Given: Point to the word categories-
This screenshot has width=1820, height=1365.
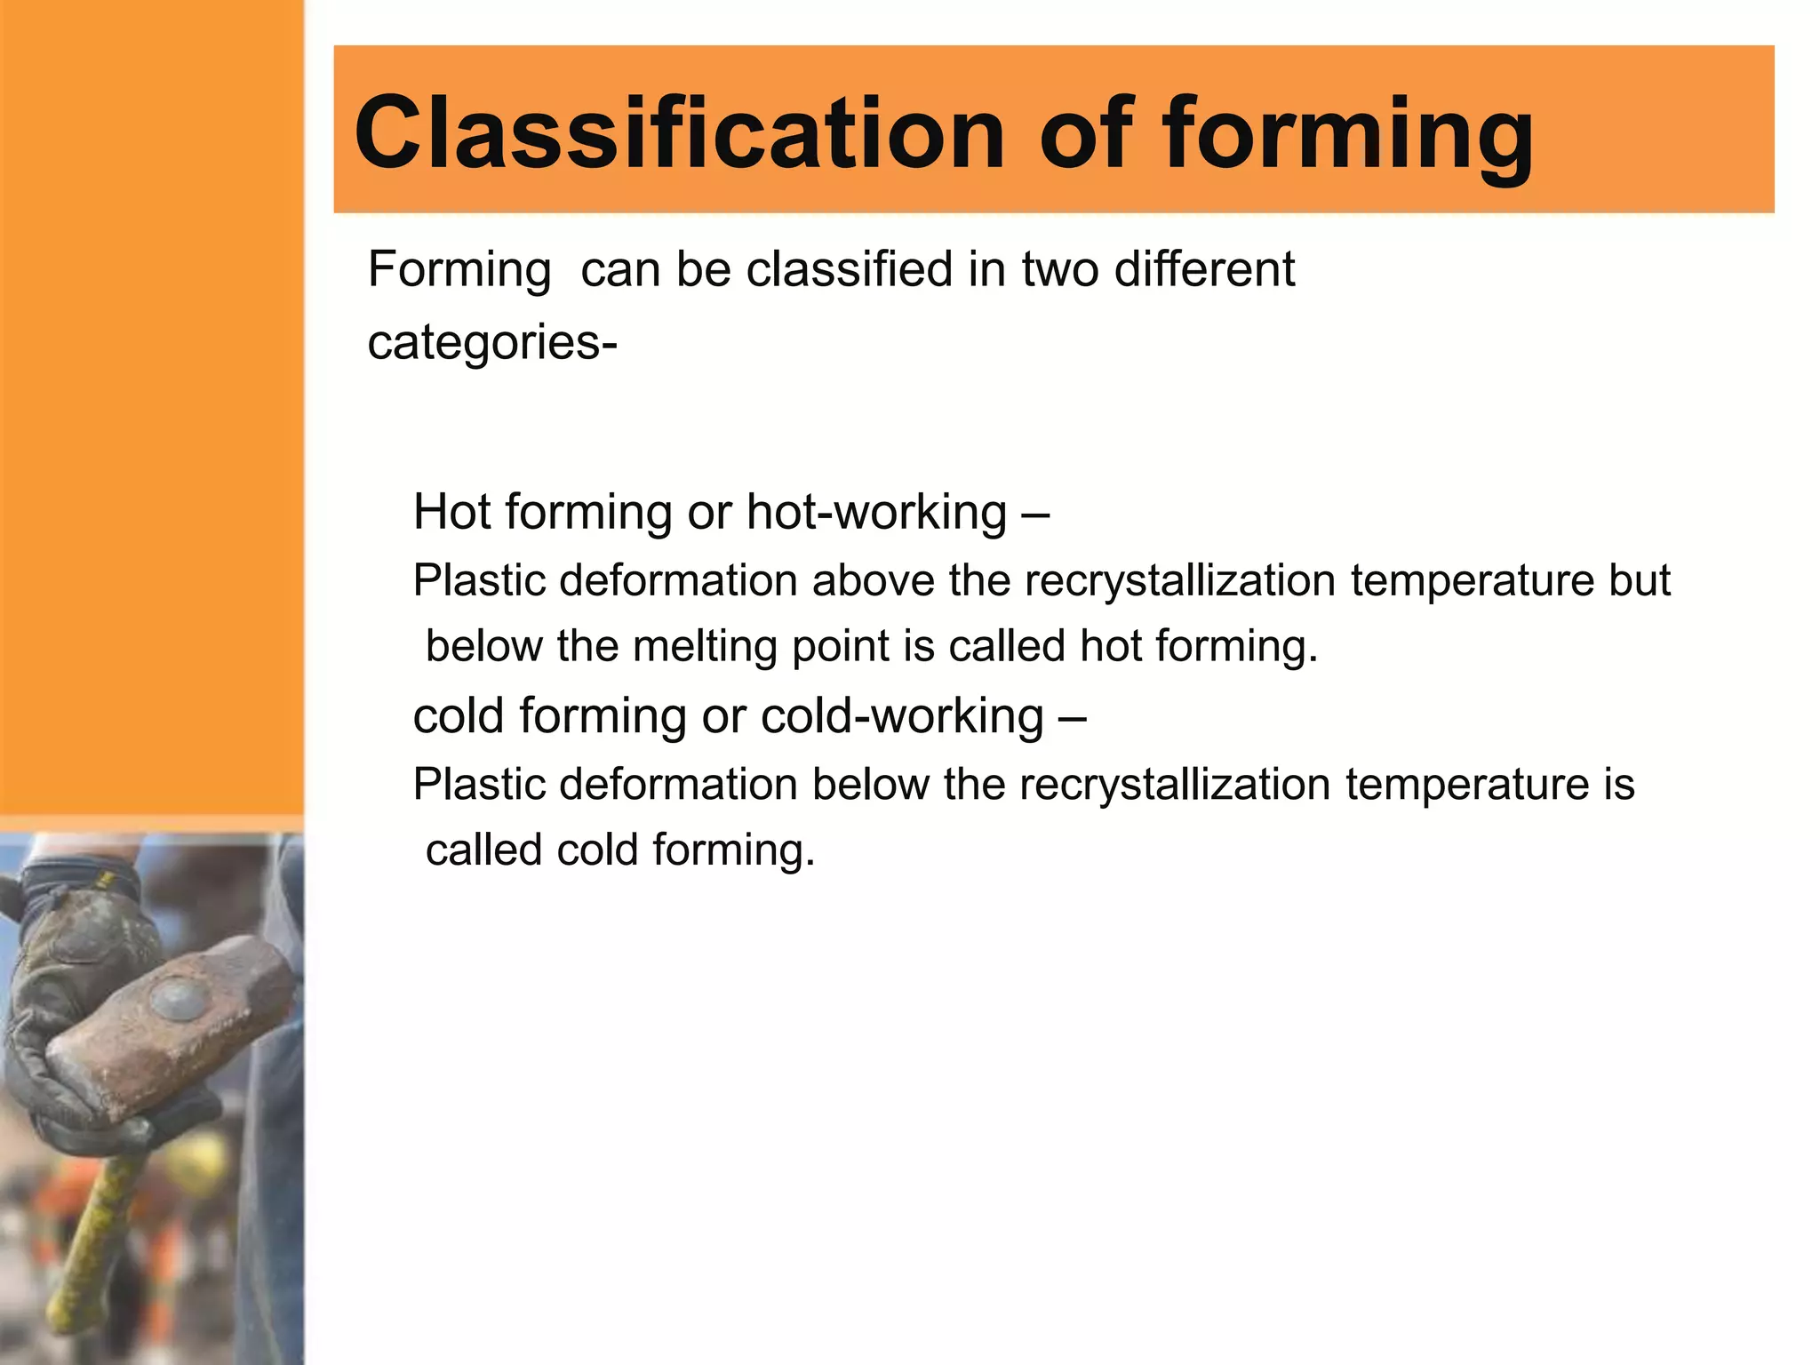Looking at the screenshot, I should pyautogui.click(x=491, y=343).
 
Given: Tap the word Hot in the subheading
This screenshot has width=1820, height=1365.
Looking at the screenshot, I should pyautogui.click(x=451, y=513).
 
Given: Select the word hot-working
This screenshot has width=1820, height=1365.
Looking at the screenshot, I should pyautogui.click(x=876, y=513).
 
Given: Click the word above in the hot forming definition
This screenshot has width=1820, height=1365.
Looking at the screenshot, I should pyautogui.click(x=873, y=581).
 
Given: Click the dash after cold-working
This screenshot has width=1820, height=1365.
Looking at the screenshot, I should pyautogui.click(x=1073, y=716).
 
